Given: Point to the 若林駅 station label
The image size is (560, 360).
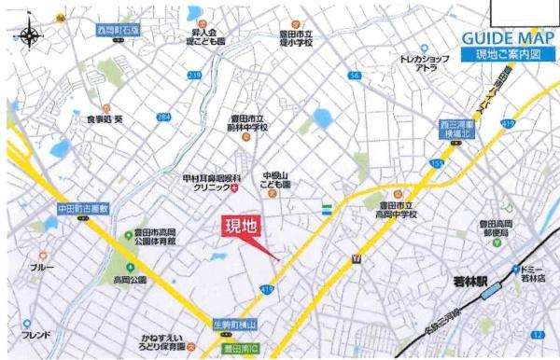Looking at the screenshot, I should point(463,277).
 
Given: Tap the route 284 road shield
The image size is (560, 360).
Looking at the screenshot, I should point(163,118).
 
